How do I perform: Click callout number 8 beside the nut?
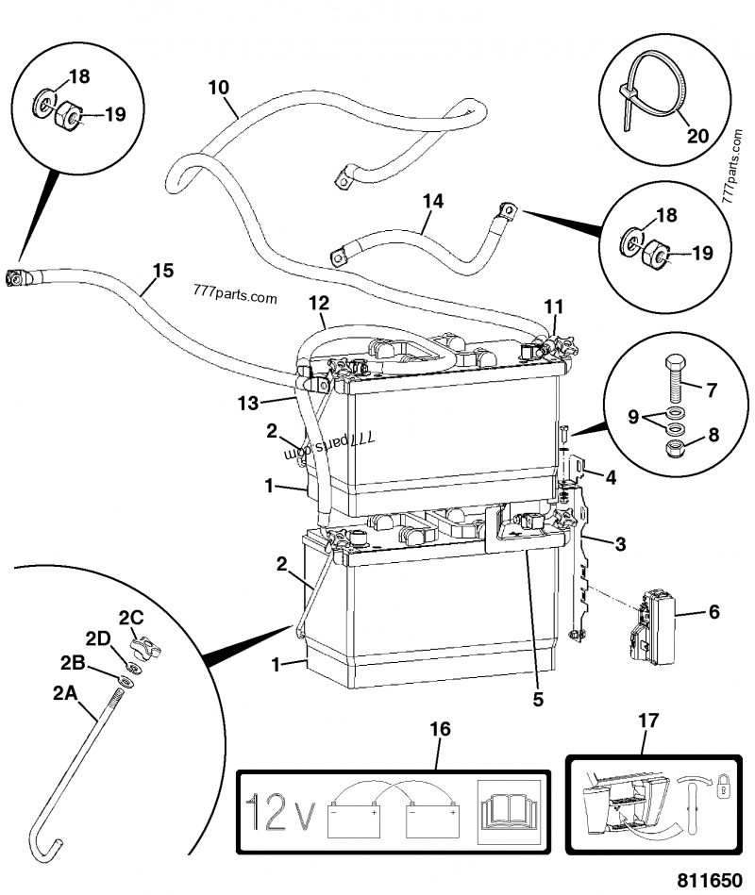[712, 437]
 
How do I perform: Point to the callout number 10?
[217, 89]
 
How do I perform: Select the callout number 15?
[162, 272]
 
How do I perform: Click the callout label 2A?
[63, 693]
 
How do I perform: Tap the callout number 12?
[319, 303]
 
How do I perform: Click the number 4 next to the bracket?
[612, 477]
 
